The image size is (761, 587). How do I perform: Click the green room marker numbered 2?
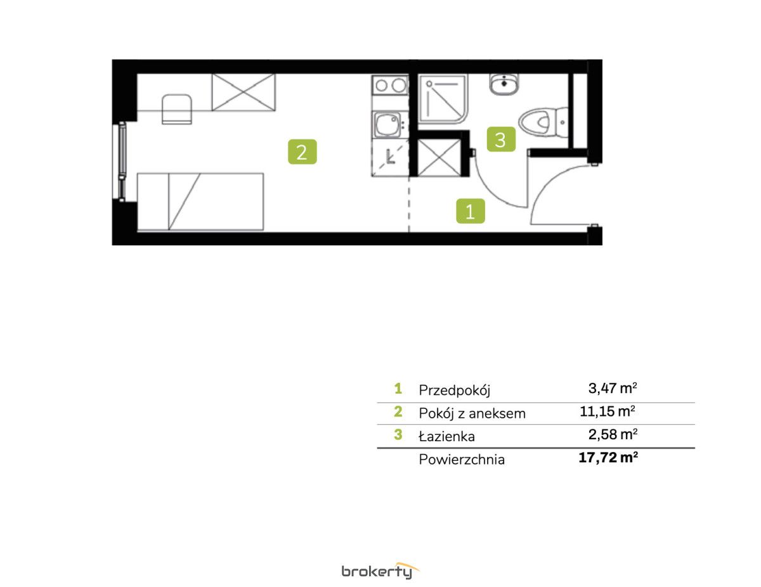(x=302, y=152)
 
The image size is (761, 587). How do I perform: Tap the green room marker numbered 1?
(x=470, y=211)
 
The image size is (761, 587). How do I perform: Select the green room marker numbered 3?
(x=501, y=139)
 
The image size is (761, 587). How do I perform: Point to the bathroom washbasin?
(x=504, y=84)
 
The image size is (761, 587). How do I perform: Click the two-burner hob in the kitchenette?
(x=390, y=85)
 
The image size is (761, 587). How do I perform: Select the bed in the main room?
(x=200, y=202)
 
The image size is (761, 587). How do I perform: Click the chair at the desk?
(x=177, y=109)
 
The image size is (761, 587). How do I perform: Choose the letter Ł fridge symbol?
(x=390, y=157)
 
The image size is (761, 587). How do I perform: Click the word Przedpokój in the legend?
(x=454, y=390)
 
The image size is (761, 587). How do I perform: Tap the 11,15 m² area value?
(x=608, y=411)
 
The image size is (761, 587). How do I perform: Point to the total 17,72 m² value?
(x=608, y=458)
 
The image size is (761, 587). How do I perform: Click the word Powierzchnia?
(x=462, y=460)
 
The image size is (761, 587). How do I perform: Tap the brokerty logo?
(x=380, y=571)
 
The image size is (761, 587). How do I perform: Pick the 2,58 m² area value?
(x=613, y=434)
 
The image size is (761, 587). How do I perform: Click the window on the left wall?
(x=122, y=162)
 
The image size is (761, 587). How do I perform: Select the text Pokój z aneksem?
(x=472, y=414)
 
